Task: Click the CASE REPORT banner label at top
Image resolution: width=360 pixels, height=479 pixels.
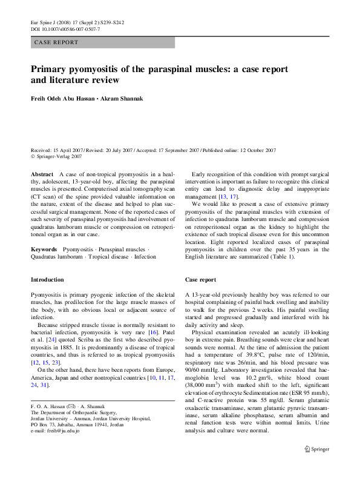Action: (x=57, y=42)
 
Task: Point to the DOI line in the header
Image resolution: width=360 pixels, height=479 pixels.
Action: (x=65, y=28)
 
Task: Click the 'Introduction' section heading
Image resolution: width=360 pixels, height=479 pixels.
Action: (x=47, y=280)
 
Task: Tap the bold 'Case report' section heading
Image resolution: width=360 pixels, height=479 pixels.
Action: (x=200, y=280)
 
